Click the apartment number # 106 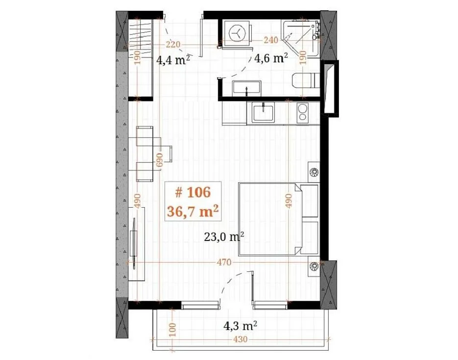pos(193,192)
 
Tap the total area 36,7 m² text pos(193,211)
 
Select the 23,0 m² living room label pos(224,237)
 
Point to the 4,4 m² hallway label pos(173,60)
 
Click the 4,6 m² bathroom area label pos(271,58)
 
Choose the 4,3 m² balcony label pos(240,325)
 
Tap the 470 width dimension pos(224,262)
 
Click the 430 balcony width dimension pos(240,339)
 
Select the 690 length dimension pos(160,159)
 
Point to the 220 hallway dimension pos(173,45)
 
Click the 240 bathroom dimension pos(271,40)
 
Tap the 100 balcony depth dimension pos(172,329)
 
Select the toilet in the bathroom pos(306,81)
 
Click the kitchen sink pos(263,112)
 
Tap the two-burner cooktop pos(303,112)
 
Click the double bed pos(279,219)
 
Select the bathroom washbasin pos(246,88)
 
